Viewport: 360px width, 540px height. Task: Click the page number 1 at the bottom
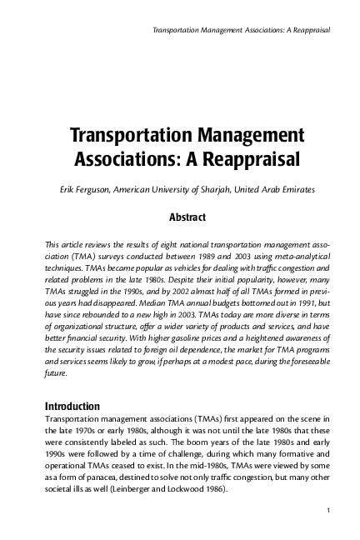(331, 509)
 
